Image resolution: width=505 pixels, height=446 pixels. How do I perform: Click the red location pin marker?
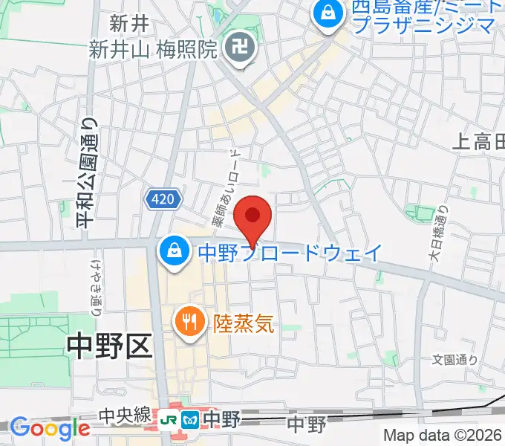point(252,218)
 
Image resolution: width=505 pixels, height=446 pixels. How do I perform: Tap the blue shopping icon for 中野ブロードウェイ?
point(173,251)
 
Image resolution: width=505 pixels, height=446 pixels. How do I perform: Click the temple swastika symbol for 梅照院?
point(240,49)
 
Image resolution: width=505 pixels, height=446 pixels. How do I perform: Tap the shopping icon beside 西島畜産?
point(326,13)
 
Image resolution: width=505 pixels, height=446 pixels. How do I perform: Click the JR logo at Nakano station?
point(171,420)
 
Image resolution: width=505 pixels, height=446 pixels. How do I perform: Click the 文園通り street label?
point(455,360)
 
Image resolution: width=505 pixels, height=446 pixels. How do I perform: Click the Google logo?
point(50,428)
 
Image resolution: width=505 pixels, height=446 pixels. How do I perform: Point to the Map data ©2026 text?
point(443,436)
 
